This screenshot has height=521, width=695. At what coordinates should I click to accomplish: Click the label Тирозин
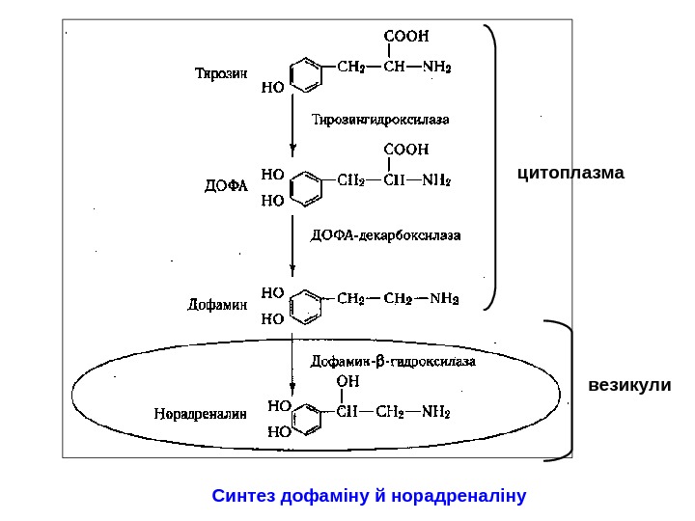click(x=222, y=73)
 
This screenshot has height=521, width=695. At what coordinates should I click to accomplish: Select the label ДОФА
click(x=226, y=185)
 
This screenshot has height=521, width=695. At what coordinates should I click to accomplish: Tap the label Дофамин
click(x=217, y=305)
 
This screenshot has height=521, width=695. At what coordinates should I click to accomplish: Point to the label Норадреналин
click(x=201, y=414)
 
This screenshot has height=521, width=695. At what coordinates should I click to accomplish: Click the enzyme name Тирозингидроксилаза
click(x=380, y=120)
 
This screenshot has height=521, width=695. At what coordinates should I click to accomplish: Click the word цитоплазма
click(x=571, y=174)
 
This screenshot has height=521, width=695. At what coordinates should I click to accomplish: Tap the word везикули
click(x=629, y=386)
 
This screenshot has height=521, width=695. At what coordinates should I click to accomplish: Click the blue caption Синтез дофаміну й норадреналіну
click(x=369, y=497)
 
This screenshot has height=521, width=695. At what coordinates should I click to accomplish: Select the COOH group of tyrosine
click(x=407, y=36)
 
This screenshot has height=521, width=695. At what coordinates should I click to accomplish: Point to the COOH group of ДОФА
click(x=407, y=150)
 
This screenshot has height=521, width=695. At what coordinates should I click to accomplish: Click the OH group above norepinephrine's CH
click(x=347, y=382)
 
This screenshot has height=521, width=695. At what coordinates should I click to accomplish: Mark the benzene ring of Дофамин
click(x=306, y=305)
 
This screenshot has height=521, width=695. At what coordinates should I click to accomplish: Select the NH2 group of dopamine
click(x=444, y=298)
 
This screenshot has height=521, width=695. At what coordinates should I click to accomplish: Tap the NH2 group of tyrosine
click(x=436, y=68)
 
